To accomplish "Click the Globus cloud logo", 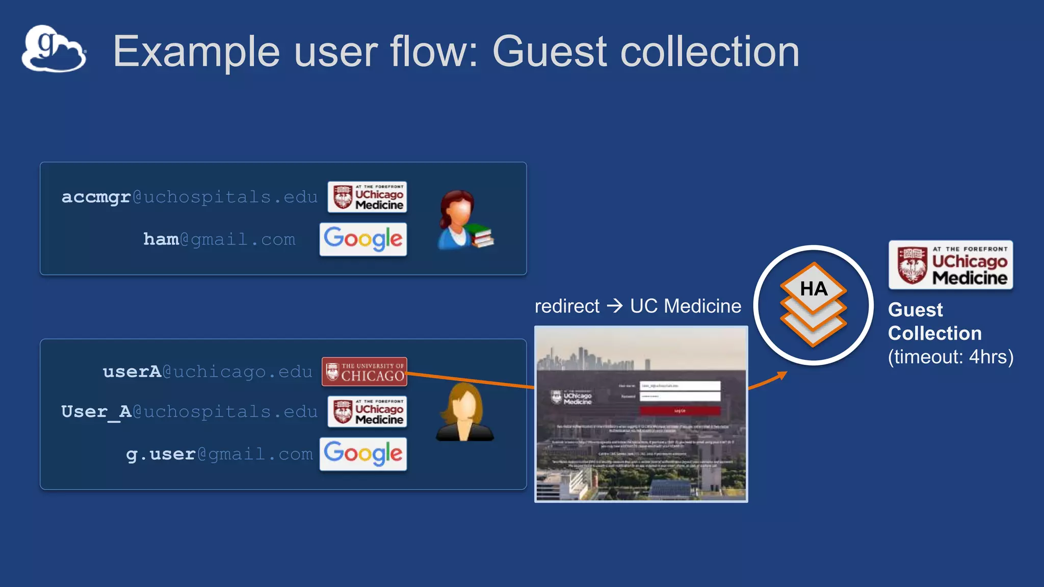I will pyautogui.click(x=54, y=49).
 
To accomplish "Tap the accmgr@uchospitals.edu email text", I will pyautogui.click(x=189, y=197).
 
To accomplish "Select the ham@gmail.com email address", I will pyautogui.click(x=219, y=239).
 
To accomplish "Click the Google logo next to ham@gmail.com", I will pyautogui.click(x=363, y=239).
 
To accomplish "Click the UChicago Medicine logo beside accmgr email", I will pyautogui.click(x=367, y=197).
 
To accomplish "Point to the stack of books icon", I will pyautogui.click(x=480, y=236).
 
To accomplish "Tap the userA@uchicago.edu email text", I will pyautogui.click(x=207, y=371).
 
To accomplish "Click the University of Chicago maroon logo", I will pyautogui.click(x=364, y=371).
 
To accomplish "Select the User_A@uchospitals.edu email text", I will pyautogui.click(x=189, y=411).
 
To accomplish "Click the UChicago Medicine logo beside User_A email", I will pyautogui.click(x=367, y=412).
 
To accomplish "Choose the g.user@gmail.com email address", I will pyautogui.click(x=219, y=453).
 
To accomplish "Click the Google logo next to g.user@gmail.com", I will pyautogui.click(x=363, y=453).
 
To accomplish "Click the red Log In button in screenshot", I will pyautogui.click(x=680, y=410).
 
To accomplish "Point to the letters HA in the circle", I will pyautogui.click(x=814, y=289).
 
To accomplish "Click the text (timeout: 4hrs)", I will pyautogui.click(x=950, y=357).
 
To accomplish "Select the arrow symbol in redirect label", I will pyautogui.click(x=615, y=306).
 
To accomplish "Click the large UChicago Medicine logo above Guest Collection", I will pyautogui.click(x=950, y=265).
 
